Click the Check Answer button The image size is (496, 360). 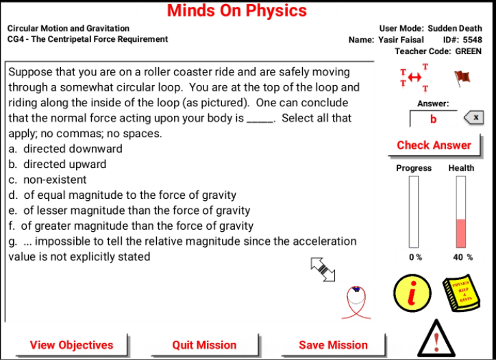(x=434, y=145)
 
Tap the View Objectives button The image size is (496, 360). (x=71, y=345)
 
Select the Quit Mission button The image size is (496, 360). (x=204, y=345)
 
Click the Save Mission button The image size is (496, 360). (x=333, y=345)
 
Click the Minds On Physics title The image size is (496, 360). (x=237, y=11)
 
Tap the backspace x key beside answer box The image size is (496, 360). (x=474, y=118)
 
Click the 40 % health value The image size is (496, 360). (x=462, y=257)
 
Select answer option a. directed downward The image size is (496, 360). (x=66, y=149)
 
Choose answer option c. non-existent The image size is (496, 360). (x=47, y=180)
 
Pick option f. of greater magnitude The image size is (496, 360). (x=131, y=226)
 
